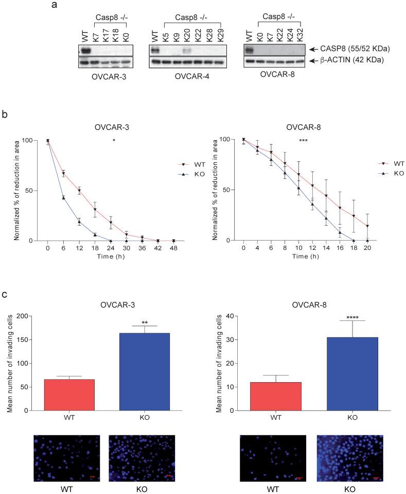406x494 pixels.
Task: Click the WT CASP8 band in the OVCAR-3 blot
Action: click(85, 50)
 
